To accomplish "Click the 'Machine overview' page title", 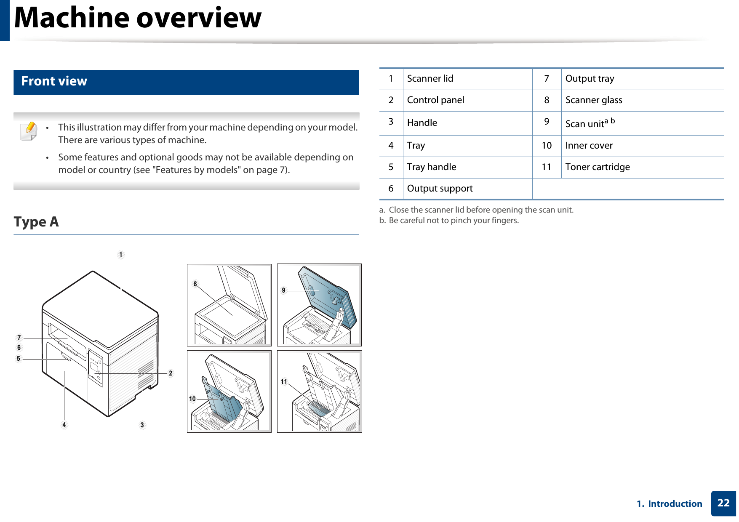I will coord(138,18).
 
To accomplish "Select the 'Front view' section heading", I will coord(54,81).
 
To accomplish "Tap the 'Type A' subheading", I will coord(36,222).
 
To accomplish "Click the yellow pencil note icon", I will coord(29,130).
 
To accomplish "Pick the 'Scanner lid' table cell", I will coord(430,79).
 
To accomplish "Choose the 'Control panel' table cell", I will coord(435,100).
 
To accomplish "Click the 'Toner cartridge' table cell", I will coord(597,167).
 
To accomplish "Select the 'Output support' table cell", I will coord(440,189).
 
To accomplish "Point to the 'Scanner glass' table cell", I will coord(593,100).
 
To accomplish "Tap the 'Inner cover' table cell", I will coord(589,146).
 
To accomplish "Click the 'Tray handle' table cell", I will coord(431,167).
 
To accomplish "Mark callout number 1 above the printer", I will coord(121,255).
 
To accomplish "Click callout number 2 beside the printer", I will coord(171,373).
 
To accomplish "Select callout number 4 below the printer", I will coord(64,425).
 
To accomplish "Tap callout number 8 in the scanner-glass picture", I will coord(195,284).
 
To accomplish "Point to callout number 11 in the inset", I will coord(284,382).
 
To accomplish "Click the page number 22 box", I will coord(723,503).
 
